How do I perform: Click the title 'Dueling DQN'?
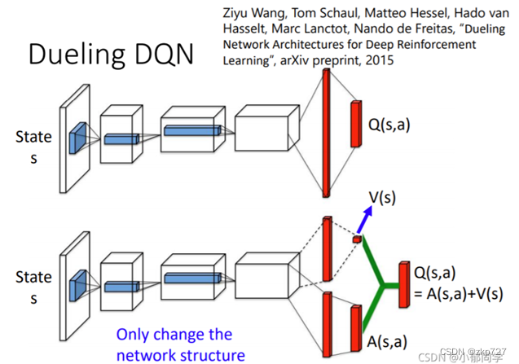pyautogui.click(x=110, y=55)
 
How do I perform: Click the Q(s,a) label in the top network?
pyautogui.click(x=392, y=125)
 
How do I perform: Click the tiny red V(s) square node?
pyautogui.click(x=356, y=239)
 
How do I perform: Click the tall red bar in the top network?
pyautogui.click(x=326, y=133)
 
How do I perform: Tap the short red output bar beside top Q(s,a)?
pyautogui.click(x=355, y=124)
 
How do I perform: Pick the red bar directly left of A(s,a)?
pyautogui.click(x=354, y=328)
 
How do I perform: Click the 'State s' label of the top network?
pyautogui.click(x=33, y=147)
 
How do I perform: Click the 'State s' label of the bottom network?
pyautogui.click(x=33, y=287)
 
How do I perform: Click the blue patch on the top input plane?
pyautogui.click(x=77, y=138)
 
